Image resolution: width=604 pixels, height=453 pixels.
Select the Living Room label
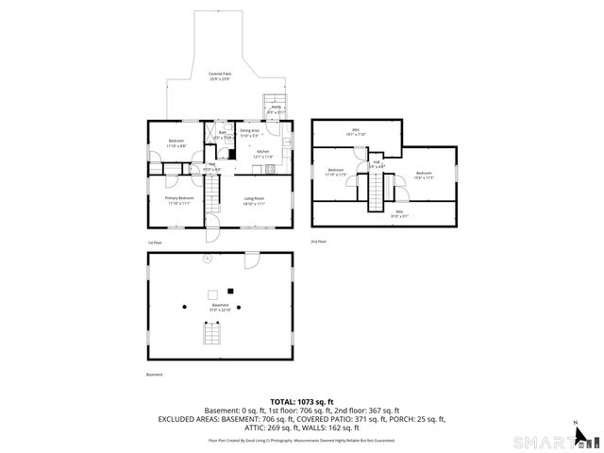[x=253, y=200]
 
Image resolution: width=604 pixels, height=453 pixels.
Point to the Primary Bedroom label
[x=179, y=200]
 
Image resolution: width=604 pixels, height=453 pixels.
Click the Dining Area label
[x=249, y=133]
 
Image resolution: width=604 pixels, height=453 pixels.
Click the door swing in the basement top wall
[x=252, y=260]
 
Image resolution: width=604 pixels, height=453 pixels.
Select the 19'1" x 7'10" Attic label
[x=357, y=132]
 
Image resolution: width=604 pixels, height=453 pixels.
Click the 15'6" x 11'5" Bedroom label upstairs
[x=424, y=175]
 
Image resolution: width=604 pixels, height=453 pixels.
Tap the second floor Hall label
[x=376, y=164]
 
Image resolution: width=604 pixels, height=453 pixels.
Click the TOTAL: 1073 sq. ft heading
[x=302, y=402]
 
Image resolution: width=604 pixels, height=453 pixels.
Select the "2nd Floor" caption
[x=319, y=243]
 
